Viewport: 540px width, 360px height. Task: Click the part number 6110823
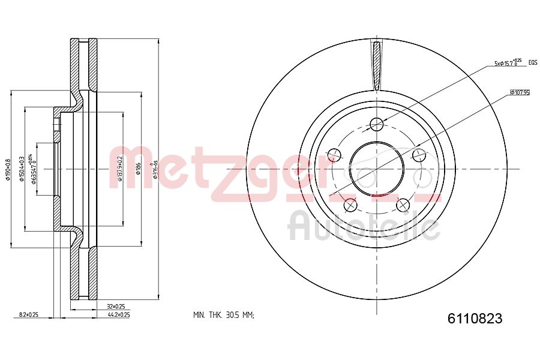pyautogui.click(x=474, y=319)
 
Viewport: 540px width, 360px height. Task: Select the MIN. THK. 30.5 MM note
pyautogui.click(x=224, y=315)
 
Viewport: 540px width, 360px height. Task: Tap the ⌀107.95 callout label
pyautogui.click(x=519, y=93)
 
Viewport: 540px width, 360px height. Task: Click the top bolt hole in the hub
pyautogui.click(x=377, y=124)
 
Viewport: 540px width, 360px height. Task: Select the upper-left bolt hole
pyautogui.click(x=334, y=155)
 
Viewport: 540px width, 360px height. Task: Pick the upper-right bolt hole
pyautogui.click(x=419, y=155)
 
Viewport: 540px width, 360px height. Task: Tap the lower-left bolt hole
pyautogui.click(x=350, y=205)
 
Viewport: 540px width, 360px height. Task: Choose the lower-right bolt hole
pyautogui.click(x=403, y=205)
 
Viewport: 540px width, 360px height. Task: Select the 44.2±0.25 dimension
pyautogui.click(x=118, y=314)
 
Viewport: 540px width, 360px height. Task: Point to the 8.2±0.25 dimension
pyautogui.click(x=29, y=314)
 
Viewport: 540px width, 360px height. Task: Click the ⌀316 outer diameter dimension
pyautogui.click(x=155, y=169)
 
